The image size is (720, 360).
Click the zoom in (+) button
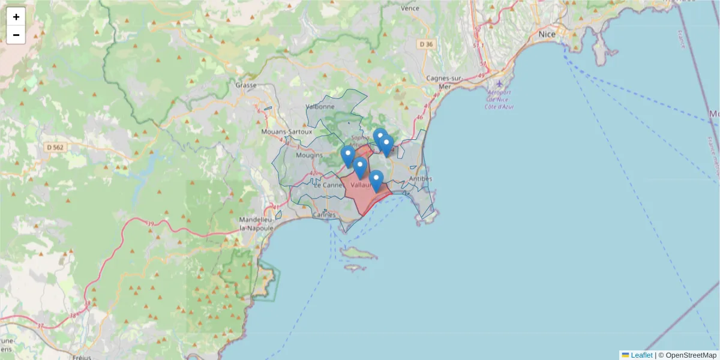pos(16,17)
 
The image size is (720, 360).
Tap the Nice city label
pos(547,34)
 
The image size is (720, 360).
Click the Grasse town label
pos(246,85)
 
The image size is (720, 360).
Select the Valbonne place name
pos(320,106)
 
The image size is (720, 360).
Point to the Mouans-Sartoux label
pos(287,131)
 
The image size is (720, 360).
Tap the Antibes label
pos(420,179)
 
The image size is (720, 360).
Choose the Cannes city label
pos(325,214)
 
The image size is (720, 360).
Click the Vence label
pos(410,8)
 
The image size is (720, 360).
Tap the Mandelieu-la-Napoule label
pos(257,224)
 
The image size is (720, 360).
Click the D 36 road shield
pos(427,44)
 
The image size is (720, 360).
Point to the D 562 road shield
pos(58,146)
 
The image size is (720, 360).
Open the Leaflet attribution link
pos(641,355)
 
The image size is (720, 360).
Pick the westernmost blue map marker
pos(348,156)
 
